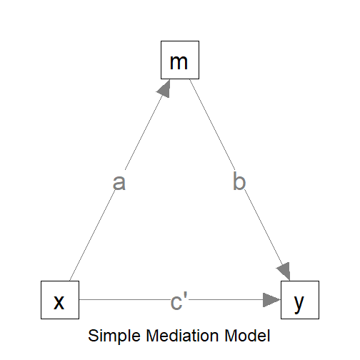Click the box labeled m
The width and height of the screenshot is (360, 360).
click(x=179, y=61)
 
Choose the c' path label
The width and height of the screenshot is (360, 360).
click(x=179, y=301)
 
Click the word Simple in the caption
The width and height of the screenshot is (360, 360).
click(x=111, y=335)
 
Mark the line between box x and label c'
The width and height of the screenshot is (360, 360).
click(x=121, y=300)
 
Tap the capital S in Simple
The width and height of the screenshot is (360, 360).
click(x=91, y=335)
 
